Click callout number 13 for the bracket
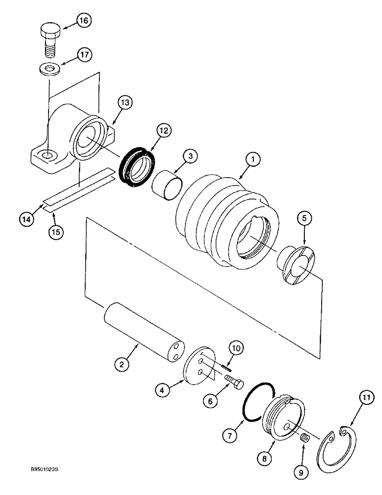[x=126, y=103]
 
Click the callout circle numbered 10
[x=237, y=348]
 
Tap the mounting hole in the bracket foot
[x=47, y=156]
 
